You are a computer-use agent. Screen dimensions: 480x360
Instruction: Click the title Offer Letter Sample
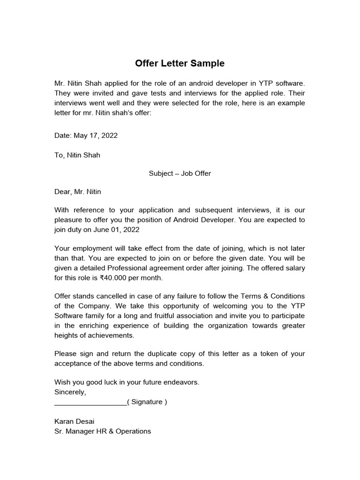tap(180, 63)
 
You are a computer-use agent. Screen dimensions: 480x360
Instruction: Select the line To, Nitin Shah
tap(77, 155)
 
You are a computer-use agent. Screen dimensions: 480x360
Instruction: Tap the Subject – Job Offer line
tap(180, 173)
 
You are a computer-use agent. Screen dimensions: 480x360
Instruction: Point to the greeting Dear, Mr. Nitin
tap(78, 192)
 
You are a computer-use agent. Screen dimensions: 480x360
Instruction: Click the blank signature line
tap(90, 402)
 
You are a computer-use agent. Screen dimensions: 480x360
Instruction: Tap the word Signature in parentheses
tap(147, 402)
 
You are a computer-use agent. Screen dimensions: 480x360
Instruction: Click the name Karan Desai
tap(75, 421)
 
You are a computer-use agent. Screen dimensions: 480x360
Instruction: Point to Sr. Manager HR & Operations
tap(103, 431)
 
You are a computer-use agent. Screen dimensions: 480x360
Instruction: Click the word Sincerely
tap(70, 392)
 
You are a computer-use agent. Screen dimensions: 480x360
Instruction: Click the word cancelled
tap(114, 296)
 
